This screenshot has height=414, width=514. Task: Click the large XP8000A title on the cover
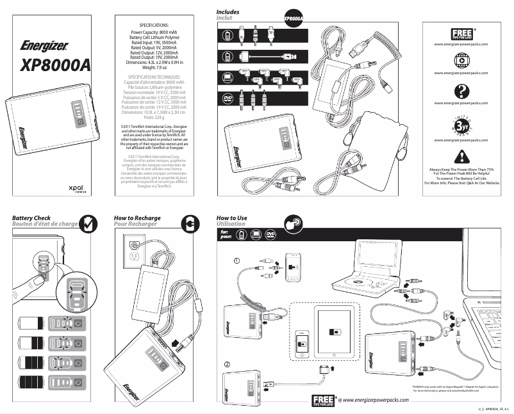pyautogui.click(x=55, y=65)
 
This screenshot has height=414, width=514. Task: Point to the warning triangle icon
pyautogui.click(x=461, y=157)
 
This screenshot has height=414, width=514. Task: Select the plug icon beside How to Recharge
pyautogui.click(x=190, y=223)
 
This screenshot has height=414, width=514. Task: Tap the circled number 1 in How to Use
pyautogui.click(x=236, y=260)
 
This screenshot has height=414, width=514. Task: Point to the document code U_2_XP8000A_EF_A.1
pyautogui.click(x=490, y=408)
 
